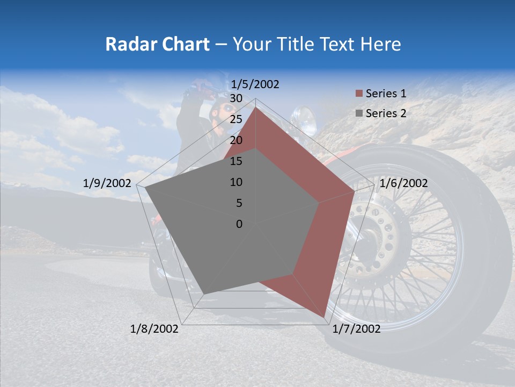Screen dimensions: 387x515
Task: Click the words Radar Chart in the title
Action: pos(157,44)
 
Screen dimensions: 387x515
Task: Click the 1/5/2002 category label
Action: pos(255,84)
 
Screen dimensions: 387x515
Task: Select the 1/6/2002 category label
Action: pos(403,183)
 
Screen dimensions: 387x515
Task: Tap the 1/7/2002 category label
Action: pos(356,329)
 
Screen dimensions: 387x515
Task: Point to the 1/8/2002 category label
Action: pos(154,329)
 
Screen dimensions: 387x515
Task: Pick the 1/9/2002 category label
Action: pos(107,183)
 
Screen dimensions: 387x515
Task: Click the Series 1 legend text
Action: pos(386,94)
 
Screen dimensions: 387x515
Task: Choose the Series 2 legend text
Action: pos(386,113)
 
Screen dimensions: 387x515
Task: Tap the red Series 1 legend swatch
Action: pos(359,94)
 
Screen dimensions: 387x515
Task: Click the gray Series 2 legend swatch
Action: pos(359,113)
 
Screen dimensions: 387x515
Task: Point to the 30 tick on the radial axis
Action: pos(236,98)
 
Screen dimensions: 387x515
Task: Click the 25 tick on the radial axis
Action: pos(236,119)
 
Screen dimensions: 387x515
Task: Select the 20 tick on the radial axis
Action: pos(236,140)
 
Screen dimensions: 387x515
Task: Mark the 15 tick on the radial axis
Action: pos(236,161)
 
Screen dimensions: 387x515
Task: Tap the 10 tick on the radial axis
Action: pos(236,182)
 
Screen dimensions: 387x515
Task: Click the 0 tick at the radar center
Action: pos(239,224)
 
